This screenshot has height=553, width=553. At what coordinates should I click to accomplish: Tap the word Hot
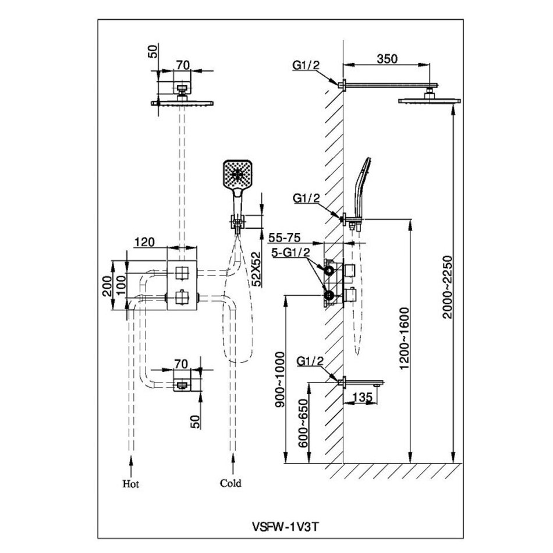(x=131, y=483)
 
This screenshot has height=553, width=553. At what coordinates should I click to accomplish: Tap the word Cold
(x=231, y=483)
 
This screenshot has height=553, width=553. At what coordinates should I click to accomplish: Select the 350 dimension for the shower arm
(x=387, y=58)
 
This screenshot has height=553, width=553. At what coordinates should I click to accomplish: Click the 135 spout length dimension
(x=361, y=398)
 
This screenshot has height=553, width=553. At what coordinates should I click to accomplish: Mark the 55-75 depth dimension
(x=285, y=239)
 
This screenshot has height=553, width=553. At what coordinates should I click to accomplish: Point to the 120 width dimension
(x=144, y=242)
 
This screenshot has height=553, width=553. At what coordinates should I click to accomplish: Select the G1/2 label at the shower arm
(x=306, y=65)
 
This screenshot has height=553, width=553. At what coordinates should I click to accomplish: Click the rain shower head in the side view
(x=430, y=101)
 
